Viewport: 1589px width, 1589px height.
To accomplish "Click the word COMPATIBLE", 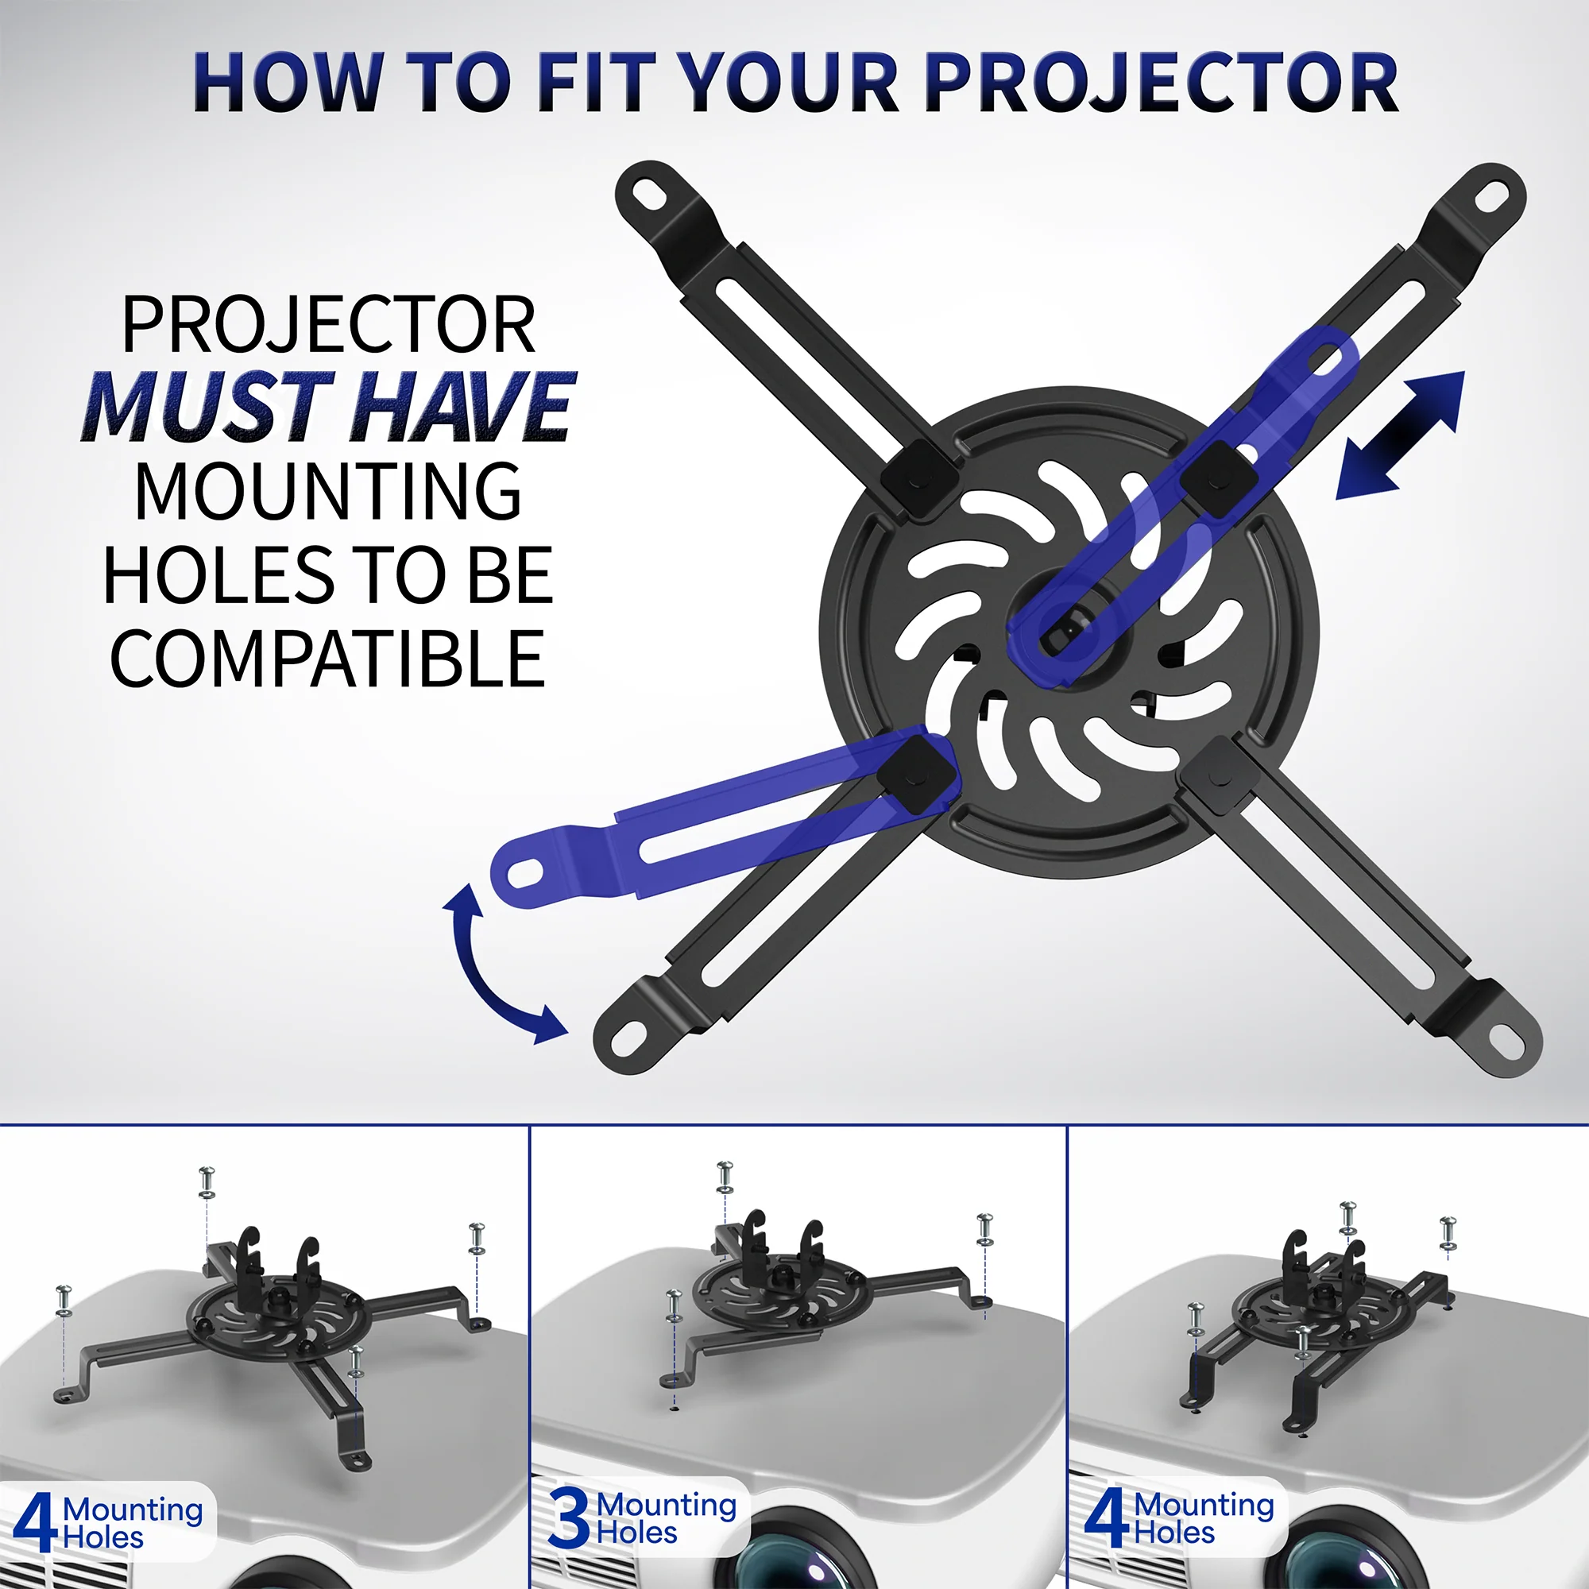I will pyautogui.click(x=327, y=659).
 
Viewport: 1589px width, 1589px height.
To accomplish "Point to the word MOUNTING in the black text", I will pyautogui.click(x=327, y=491).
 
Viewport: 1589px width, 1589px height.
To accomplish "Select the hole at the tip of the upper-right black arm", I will pyautogui.click(x=1491, y=195).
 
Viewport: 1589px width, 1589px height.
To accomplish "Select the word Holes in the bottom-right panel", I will pyautogui.click(x=1173, y=1533).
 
